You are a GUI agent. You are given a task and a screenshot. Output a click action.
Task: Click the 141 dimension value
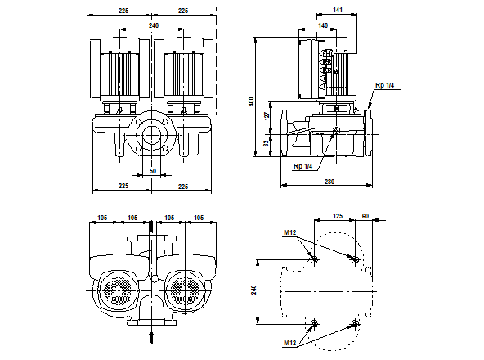coord(338,10)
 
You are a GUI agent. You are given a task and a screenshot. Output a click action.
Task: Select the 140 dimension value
coord(323,25)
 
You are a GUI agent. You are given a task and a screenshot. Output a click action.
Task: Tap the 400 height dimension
coord(252,102)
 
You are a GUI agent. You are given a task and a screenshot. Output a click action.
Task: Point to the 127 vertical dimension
coord(267,115)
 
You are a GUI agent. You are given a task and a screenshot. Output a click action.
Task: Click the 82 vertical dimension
coord(266,143)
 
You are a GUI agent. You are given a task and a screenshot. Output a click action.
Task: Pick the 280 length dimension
coord(329,182)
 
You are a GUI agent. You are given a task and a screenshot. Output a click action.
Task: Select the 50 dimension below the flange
coord(153,171)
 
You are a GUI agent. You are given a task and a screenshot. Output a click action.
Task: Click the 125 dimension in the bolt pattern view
coord(338,216)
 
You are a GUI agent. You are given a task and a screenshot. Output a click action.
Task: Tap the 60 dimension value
coord(365,216)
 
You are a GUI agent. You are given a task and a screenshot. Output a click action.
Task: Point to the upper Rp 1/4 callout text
coord(384,85)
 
